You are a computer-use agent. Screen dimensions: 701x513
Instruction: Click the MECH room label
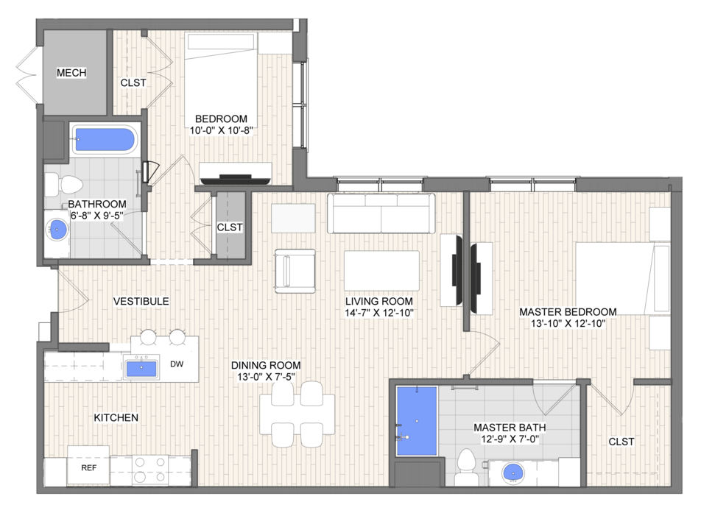coord(71,72)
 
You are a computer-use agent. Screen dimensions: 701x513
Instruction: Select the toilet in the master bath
coord(466,467)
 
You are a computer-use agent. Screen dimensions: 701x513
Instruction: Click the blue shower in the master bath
coord(417,421)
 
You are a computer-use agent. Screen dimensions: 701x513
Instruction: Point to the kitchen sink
coord(141,368)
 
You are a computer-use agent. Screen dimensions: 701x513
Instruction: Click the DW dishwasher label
coord(177,364)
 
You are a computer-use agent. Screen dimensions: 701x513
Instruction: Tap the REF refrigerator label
coord(88,467)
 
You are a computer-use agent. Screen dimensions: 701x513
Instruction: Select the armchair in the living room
coord(295,271)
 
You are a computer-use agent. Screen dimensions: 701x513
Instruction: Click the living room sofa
coord(381,213)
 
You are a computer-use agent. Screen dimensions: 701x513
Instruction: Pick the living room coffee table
coord(381,271)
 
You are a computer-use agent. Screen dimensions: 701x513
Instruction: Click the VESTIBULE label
coord(141,301)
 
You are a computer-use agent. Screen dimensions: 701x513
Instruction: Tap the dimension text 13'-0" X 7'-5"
coord(266,377)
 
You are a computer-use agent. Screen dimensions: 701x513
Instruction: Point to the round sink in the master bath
coord(512,473)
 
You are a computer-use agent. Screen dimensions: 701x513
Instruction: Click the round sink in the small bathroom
coord(57,230)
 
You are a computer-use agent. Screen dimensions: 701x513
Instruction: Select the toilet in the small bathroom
coord(64,184)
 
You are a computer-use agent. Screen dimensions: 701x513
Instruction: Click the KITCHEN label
coord(116,417)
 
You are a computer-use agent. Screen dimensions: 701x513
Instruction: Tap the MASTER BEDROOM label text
coord(568,311)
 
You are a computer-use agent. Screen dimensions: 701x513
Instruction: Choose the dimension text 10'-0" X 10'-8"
coord(222,130)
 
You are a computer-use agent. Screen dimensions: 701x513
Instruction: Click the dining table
coord(297,414)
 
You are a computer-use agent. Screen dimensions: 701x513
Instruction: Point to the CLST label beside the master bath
coord(621,442)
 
